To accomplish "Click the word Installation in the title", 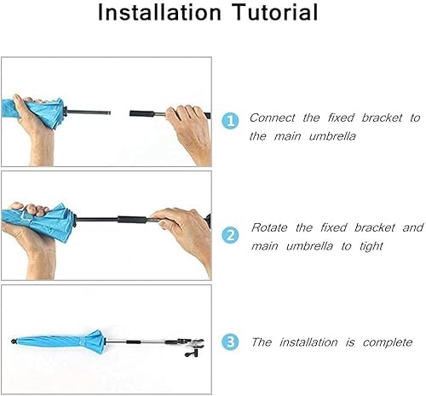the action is tap(159, 12).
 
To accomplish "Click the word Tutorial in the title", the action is tap(275, 12).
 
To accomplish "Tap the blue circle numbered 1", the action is tap(230, 121).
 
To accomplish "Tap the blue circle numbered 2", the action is tap(230, 235).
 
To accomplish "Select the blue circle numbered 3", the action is tap(230, 342).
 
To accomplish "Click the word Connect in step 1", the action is tap(273, 118).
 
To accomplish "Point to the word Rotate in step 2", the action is tap(269, 227).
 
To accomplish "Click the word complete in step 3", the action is tap(388, 342).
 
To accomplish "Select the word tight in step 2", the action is tap(371, 246).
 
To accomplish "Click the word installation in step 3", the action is tap(308, 342).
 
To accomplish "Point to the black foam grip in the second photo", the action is tap(132, 220).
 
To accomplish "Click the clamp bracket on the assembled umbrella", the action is tap(191, 347).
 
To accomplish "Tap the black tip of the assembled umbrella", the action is tap(14, 341).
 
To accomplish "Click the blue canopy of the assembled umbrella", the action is tap(61, 341).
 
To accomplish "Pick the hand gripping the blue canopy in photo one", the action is tap(36, 128).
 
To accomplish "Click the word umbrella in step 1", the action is tap(332, 136).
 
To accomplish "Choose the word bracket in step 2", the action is tap(375, 227).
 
